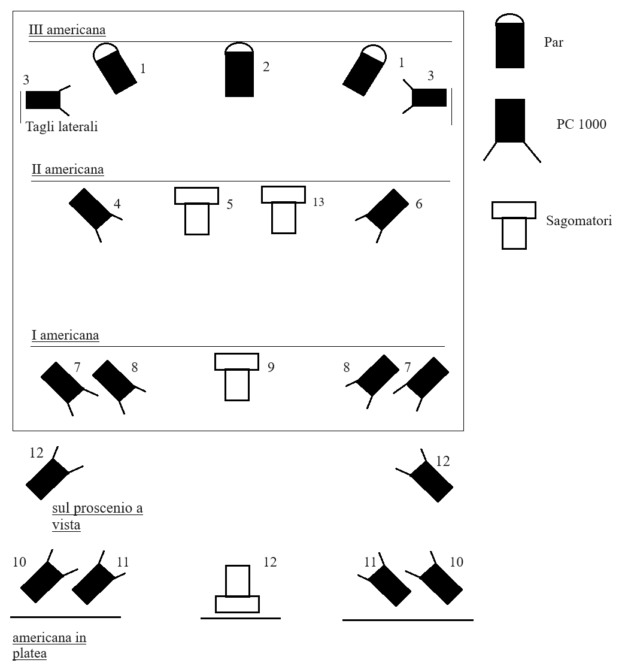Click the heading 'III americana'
click(x=67, y=30)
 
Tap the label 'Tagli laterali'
click(x=62, y=127)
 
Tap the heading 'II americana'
click(x=68, y=169)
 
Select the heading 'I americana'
click(x=65, y=335)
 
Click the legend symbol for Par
click(x=509, y=41)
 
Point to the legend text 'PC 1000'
click(x=581, y=125)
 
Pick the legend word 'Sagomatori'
click(x=579, y=221)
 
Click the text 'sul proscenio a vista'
click(x=97, y=516)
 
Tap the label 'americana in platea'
click(x=49, y=645)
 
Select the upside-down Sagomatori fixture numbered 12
click(x=237, y=589)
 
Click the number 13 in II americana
click(x=318, y=202)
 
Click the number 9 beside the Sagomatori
click(x=271, y=367)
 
